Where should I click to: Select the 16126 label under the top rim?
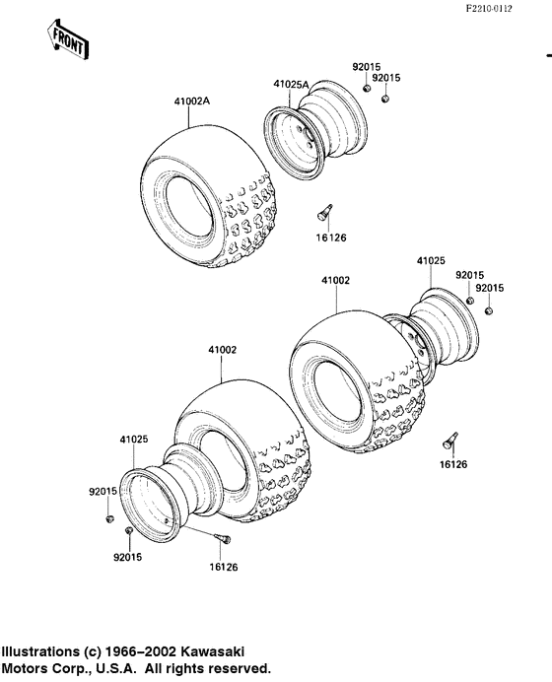pos(332,238)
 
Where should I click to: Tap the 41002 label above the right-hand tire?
pos(335,281)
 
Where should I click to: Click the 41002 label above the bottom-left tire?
pos(222,350)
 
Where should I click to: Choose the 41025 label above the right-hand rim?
pos(431,261)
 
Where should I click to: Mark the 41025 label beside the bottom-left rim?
pos(134,439)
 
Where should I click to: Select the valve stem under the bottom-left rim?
pos(221,538)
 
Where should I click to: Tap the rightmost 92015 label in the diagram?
pos(489,288)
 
